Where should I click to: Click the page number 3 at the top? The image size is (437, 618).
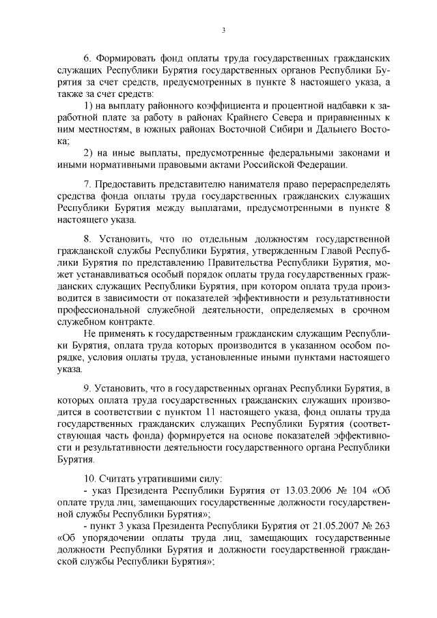(223, 30)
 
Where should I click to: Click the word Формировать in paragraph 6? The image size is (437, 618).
(129, 56)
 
